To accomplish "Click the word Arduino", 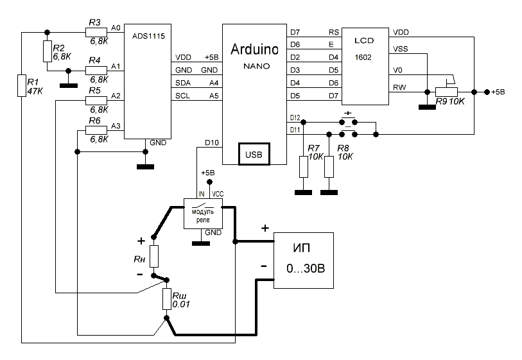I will point(255,50).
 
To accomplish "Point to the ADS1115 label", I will point(148,37).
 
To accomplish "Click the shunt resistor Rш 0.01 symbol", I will point(167,300).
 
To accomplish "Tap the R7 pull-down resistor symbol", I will point(304,166).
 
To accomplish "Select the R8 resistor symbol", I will point(329,166).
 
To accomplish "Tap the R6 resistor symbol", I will point(95,130).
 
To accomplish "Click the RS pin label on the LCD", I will point(333,31).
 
